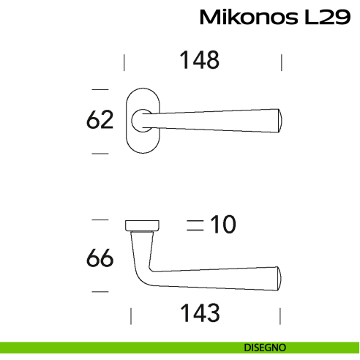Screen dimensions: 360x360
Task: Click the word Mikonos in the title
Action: point(249,17)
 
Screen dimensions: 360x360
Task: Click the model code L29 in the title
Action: point(328,17)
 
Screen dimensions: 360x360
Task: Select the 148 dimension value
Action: point(199,60)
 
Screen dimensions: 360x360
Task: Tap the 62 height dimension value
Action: point(100,119)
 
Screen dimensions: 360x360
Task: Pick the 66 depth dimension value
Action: point(100,258)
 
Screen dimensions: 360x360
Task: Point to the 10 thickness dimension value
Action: point(223,225)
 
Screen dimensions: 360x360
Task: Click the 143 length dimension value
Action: point(200,313)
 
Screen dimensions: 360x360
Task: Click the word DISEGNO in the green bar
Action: point(265,348)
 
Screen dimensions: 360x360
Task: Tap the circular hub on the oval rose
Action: point(142,121)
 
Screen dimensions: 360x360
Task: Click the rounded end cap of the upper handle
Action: point(280,121)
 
